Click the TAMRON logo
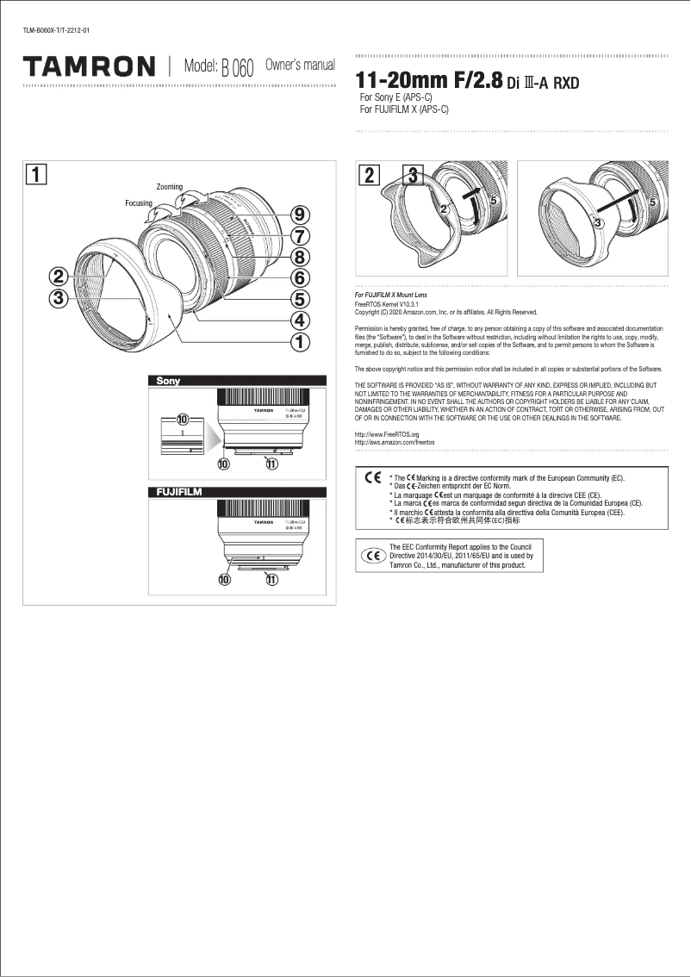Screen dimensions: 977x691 point(89,66)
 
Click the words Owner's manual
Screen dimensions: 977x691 point(299,65)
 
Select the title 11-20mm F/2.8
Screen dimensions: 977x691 point(429,81)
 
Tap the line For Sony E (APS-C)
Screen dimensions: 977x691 point(395,99)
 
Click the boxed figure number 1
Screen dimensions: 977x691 point(36,175)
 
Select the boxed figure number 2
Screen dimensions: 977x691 point(369,175)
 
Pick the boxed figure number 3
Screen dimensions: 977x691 point(414,175)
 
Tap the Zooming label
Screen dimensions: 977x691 point(170,187)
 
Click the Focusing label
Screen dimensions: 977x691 point(139,203)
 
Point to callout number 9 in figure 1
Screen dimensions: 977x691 point(300,215)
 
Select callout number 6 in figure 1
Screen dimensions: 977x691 point(300,277)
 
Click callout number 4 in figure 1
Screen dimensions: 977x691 point(300,320)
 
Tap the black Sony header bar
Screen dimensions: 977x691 point(238,381)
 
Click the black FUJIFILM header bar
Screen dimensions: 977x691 point(238,492)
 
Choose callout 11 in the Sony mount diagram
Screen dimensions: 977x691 point(271,464)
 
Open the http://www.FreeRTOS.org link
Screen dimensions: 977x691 point(387,436)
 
